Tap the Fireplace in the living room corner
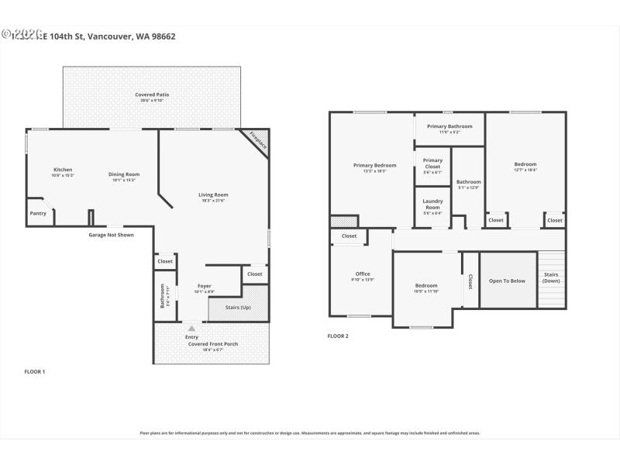(x=257, y=141)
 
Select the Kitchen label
(x=63, y=170)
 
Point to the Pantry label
(x=38, y=213)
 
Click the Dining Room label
(x=123, y=174)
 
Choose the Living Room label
(x=213, y=195)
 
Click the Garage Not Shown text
(x=110, y=234)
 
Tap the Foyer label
(x=204, y=286)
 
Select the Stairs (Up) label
(x=238, y=308)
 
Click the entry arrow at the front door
(x=191, y=328)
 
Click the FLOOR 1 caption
(x=35, y=372)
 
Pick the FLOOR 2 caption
(x=338, y=336)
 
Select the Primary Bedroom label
(x=374, y=165)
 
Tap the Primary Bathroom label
(x=449, y=126)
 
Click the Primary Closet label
(x=432, y=164)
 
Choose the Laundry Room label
(x=432, y=204)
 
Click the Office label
(x=363, y=274)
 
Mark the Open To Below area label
(x=507, y=281)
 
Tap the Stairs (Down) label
(x=551, y=277)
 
